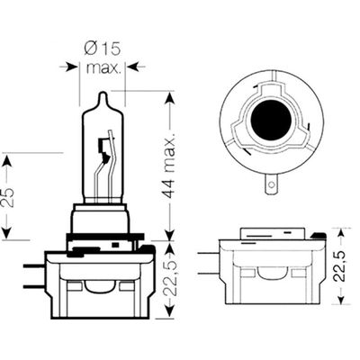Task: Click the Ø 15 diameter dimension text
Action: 103,49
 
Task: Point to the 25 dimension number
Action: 8,197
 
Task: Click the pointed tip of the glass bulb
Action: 103,92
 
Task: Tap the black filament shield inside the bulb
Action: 103,149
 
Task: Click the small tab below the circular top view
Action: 271,184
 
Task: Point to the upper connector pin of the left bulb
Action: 34,266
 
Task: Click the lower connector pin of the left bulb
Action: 34,287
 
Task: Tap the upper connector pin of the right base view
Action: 209,254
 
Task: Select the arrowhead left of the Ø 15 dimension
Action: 72,67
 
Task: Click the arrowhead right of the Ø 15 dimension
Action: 132,67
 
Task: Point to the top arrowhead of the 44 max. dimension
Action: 170,98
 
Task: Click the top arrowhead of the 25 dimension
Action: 8,160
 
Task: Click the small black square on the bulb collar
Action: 114,245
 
